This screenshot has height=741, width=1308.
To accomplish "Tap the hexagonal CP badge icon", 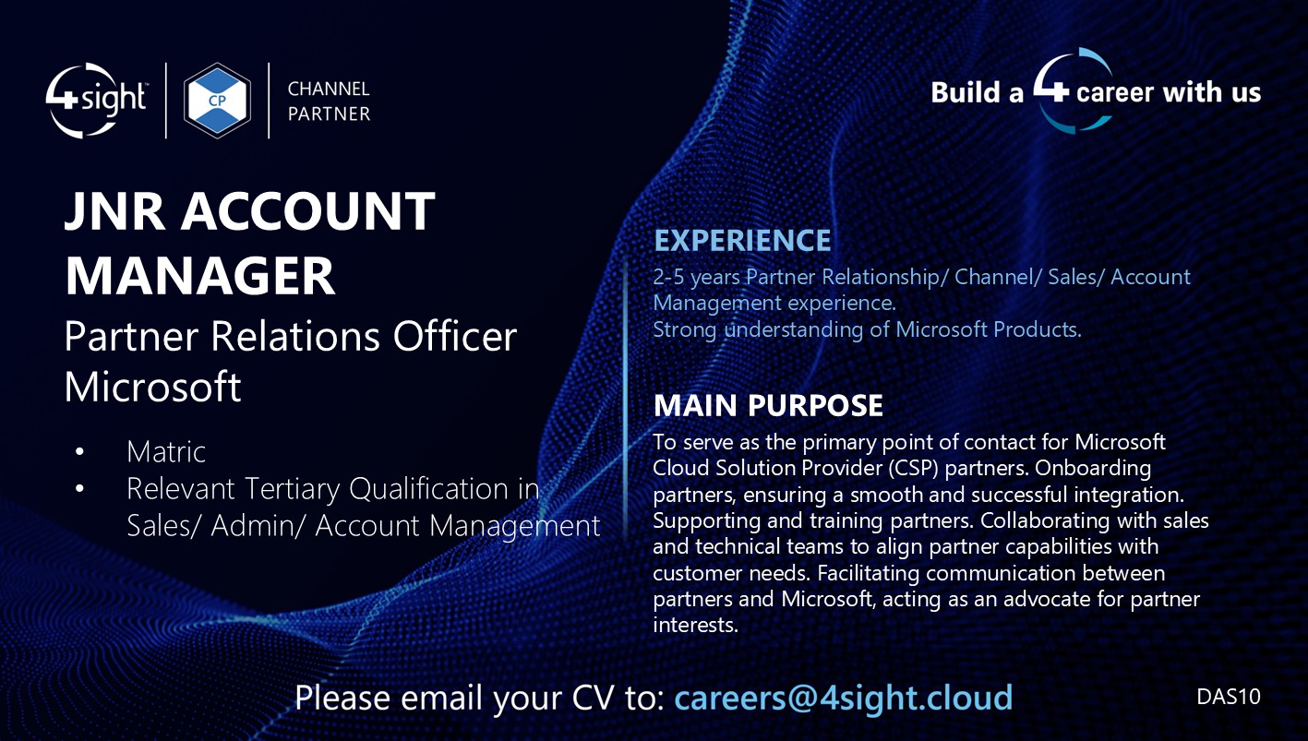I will click(218, 101).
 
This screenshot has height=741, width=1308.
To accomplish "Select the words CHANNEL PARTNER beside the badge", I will click(329, 102).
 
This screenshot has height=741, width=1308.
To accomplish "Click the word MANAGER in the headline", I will click(199, 275).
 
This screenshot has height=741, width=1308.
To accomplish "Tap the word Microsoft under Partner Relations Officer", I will click(152, 387).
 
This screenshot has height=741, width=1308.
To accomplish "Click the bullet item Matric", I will click(166, 451).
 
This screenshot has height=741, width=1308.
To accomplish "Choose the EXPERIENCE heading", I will click(742, 241).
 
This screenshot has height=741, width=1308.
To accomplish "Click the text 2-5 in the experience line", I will click(668, 277).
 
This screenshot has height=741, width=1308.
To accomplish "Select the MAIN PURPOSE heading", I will click(768, 405).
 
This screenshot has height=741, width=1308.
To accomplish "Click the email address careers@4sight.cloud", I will click(843, 697).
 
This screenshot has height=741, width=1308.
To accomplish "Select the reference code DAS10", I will click(1228, 697).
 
